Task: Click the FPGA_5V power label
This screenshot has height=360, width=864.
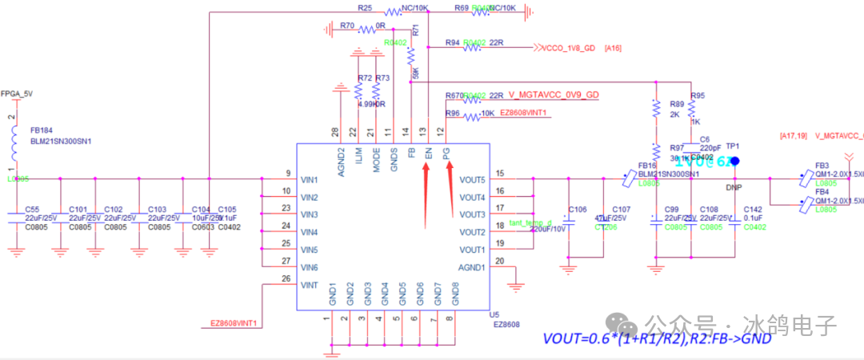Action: click(17, 94)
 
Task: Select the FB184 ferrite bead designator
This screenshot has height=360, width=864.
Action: click(42, 130)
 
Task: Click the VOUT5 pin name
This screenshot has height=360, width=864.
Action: click(471, 179)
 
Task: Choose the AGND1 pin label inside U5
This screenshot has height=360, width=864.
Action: click(471, 267)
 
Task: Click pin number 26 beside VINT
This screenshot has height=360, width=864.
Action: click(286, 278)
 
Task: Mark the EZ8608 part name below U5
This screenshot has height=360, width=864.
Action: click(506, 324)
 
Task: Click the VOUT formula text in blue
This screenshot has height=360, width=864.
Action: click(657, 338)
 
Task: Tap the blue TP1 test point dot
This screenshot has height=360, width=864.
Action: click(735, 162)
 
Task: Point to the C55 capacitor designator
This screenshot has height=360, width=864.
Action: click(33, 209)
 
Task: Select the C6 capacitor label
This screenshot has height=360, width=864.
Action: click(704, 139)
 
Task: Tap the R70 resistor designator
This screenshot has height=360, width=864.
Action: click(347, 26)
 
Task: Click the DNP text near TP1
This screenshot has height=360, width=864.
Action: click(734, 188)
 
